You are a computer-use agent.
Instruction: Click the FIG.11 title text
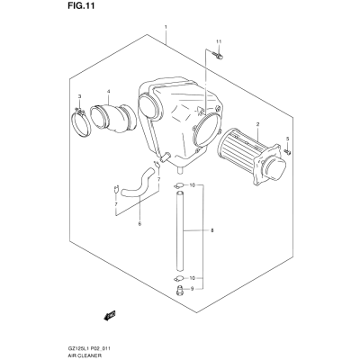[x=79, y=6]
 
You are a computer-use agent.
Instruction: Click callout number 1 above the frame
[x=166, y=27]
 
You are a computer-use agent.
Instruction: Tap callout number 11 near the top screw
[x=218, y=41]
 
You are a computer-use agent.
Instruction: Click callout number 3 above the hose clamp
[x=79, y=96]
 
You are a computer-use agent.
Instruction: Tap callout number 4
[x=109, y=91]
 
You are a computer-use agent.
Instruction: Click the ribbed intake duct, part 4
[x=113, y=118]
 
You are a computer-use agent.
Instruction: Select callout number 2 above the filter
[x=257, y=123]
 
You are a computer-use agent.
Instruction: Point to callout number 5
[x=287, y=139]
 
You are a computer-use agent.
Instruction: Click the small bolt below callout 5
[x=287, y=152]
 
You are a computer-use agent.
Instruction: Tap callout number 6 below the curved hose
[x=139, y=223]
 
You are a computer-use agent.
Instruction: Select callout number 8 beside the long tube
[x=212, y=230]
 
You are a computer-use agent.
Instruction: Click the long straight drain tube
[x=179, y=230]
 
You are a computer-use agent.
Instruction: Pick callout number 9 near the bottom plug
[x=192, y=289]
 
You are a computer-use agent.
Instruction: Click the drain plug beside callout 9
[x=179, y=290]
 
